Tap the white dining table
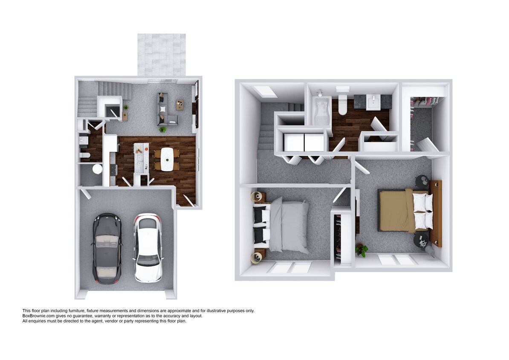(167, 159)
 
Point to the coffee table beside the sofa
(180, 104)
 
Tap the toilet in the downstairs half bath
(84, 155)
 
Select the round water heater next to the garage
(97, 169)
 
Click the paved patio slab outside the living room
(162, 55)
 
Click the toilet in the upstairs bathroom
(342, 105)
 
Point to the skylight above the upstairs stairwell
(263, 91)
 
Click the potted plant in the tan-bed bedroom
(362, 250)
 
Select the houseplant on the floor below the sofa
(162, 129)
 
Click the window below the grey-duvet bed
(290, 268)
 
